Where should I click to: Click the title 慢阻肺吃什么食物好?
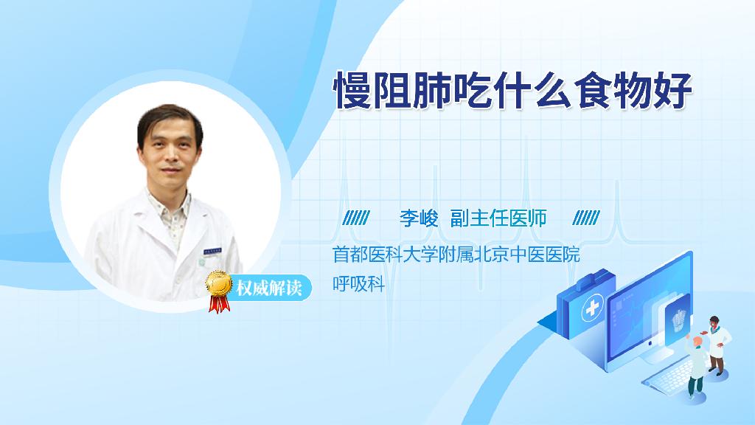[513, 91]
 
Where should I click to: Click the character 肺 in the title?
[433, 91]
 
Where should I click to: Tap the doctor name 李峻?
[419, 218]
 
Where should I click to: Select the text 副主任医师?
[498, 218]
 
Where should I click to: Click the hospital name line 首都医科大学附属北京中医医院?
[456, 254]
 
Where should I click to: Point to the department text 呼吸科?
[359, 284]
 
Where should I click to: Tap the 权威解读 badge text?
[268, 288]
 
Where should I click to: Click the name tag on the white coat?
[212, 251]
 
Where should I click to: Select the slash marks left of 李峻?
[356, 218]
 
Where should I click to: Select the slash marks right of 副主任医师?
[586, 218]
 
